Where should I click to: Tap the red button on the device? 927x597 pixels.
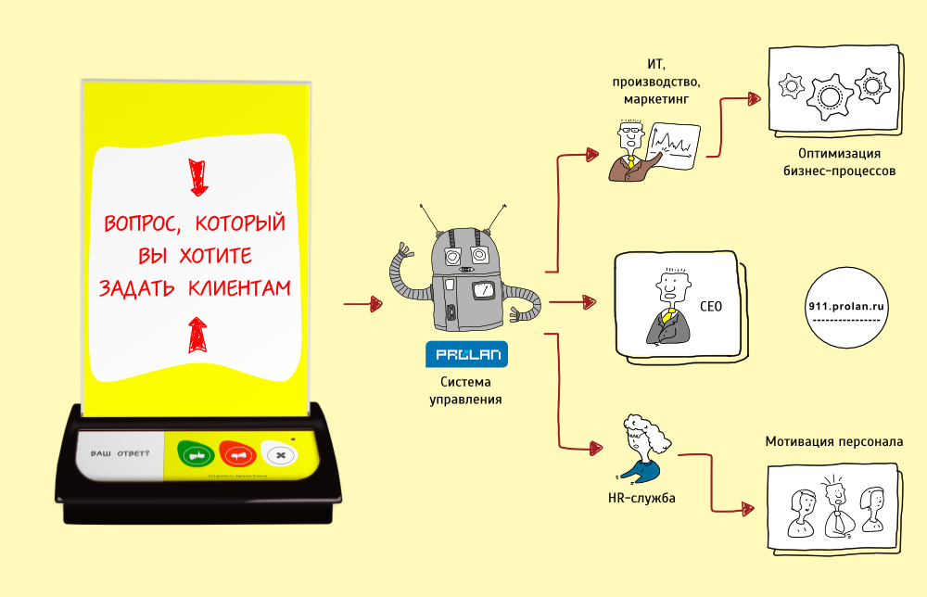point(238,454)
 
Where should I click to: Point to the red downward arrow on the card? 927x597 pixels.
point(196,177)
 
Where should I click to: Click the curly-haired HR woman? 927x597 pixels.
point(641,448)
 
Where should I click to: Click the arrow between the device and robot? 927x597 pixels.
point(363,303)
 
